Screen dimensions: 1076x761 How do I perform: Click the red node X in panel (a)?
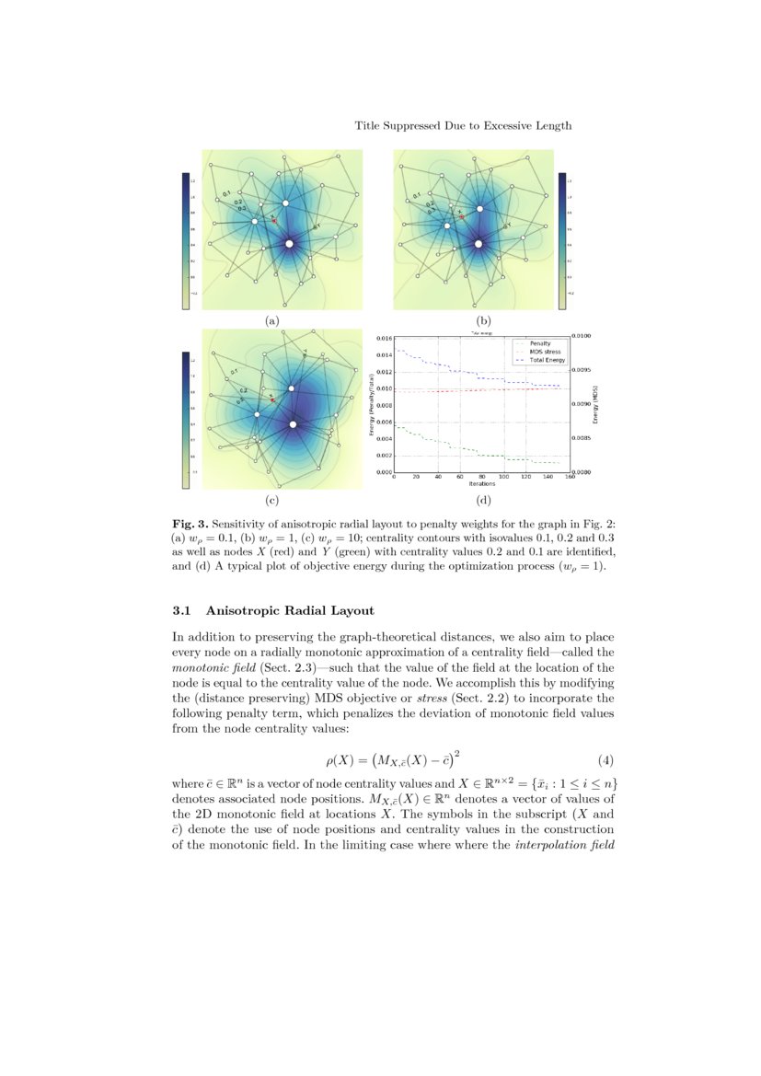[274, 221]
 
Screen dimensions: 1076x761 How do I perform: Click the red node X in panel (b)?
[462, 217]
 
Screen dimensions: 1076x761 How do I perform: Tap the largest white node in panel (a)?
[290, 243]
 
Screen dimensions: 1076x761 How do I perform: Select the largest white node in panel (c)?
[294, 424]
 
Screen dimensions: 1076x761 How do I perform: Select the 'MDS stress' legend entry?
[543, 352]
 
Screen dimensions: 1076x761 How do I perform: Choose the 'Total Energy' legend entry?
[545, 360]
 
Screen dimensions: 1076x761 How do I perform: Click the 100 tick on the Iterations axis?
[503, 478]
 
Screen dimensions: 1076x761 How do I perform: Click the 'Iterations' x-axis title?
[481, 484]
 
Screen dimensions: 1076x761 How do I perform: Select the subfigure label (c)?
[271, 501]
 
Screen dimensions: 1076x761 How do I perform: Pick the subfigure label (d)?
[482, 501]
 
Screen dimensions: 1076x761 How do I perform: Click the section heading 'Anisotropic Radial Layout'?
[290, 610]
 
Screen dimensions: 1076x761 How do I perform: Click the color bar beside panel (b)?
[561, 240]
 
